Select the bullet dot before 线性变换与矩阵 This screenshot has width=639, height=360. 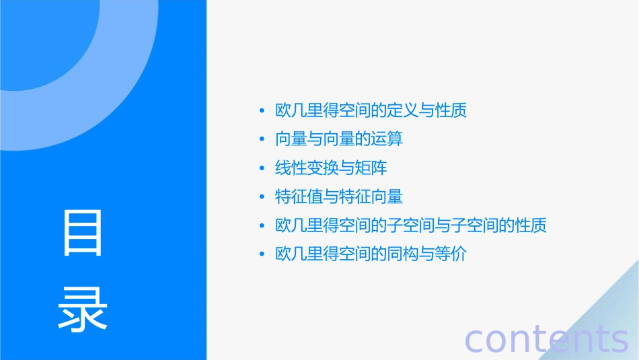tap(262, 168)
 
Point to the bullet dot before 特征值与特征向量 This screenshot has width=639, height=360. tap(262, 197)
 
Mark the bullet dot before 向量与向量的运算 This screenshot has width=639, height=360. tap(262, 140)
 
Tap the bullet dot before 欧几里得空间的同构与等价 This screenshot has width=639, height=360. tap(262, 255)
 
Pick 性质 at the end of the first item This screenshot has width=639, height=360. tap(451, 110)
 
